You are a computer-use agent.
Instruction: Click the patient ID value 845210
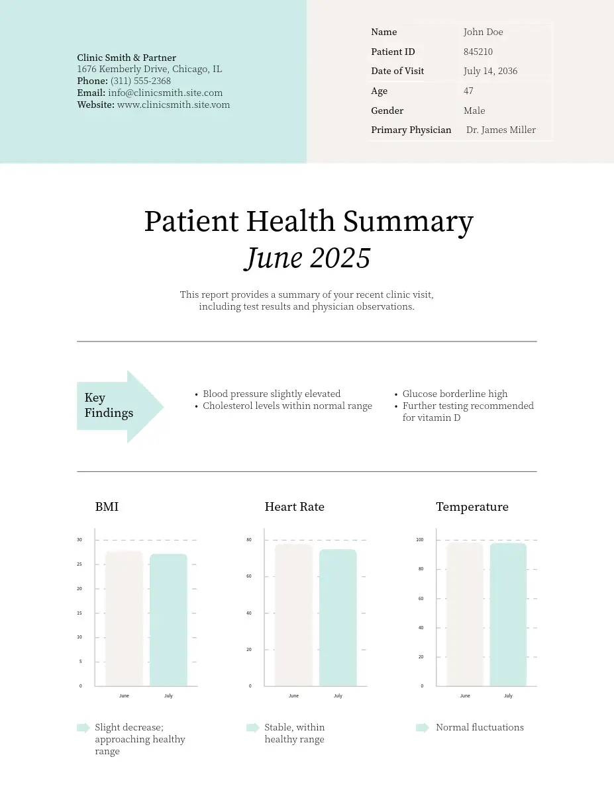(x=478, y=52)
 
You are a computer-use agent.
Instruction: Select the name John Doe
(x=483, y=32)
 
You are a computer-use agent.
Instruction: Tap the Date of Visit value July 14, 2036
(x=490, y=71)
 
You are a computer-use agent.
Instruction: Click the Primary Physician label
(x=411, y=130)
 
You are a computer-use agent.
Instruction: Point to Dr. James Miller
(x=501, y=130)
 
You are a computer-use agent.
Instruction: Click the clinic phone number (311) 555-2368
(x=140, y=81)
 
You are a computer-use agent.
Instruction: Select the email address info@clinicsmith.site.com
(x=165, y=93)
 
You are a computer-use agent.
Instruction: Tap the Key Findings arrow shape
(x=119, y=406)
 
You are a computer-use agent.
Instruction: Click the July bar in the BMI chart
(x=168, y=619)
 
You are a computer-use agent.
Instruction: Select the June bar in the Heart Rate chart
(x=293, y=615)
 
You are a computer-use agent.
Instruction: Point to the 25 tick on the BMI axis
(x=79, y=564)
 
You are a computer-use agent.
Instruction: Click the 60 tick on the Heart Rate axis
(x=249, y=576)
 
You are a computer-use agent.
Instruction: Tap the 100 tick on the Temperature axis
(x=419, y=540)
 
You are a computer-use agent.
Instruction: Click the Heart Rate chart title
(x=294, y=507)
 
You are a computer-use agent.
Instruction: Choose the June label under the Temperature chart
(x=465, y=696)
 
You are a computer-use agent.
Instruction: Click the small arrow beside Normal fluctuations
(x=422, y=728)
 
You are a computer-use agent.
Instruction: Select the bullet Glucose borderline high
(x=454, y=394)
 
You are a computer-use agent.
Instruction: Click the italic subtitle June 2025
(x=307, y=258)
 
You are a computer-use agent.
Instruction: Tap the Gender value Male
(x=474, y=110)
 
